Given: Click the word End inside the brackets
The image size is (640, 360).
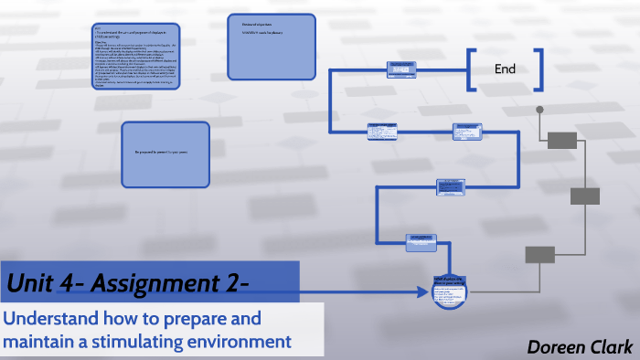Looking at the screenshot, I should pos(505,69).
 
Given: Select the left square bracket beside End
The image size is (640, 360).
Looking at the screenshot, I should pos(470,70).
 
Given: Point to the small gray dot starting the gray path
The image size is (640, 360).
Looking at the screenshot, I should pos(539,111).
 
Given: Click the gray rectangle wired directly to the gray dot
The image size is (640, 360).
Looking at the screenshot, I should pos(562,139).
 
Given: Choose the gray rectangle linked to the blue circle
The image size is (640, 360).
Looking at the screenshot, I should pos(539,255).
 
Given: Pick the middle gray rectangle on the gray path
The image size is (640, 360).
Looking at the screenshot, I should pos(584,196).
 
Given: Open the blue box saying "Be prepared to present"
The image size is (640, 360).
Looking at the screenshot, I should pos(166,154).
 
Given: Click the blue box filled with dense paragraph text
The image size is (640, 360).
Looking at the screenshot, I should pos(135,57).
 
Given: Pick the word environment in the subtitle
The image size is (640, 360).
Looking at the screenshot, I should pos(247,342).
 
